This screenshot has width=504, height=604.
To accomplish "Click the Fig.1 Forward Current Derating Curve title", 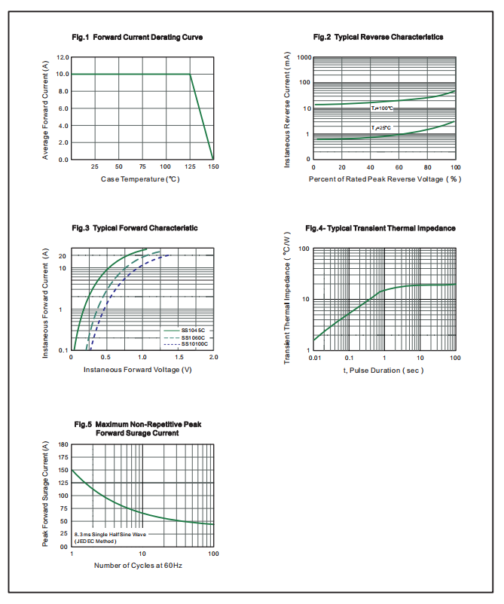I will point(137,37).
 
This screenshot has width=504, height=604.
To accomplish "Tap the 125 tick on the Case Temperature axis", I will point(188,166).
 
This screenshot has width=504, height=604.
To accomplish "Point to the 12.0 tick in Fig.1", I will point(62,57).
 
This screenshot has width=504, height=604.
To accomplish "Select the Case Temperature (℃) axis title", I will point(139,178).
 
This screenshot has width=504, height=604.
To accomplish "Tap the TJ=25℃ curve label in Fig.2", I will point(380,129).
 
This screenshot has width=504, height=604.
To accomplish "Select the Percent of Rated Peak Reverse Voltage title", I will point(384,178).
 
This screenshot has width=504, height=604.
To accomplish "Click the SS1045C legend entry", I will point(193,331).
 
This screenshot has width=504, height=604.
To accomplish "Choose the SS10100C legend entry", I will point(194,344).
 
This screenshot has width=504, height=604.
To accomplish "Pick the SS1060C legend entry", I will point(193,337).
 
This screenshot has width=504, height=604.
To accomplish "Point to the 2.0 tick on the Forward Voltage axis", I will point(213,358).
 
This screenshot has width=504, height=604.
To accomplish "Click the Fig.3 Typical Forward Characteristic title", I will point(135,227).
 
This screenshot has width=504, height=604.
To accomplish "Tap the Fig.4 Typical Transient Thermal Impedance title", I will point(380,227).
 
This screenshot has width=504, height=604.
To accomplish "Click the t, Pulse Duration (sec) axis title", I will point(383,370).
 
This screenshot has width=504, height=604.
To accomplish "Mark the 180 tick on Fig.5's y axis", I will point(63,445).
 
